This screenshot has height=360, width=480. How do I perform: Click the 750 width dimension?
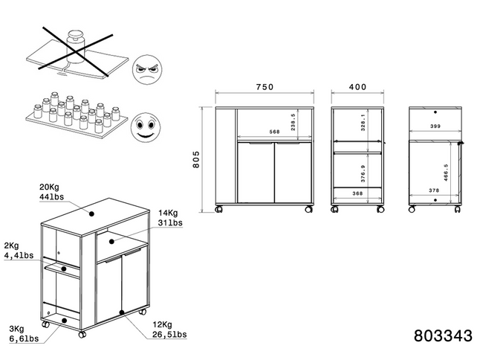click(265, 87)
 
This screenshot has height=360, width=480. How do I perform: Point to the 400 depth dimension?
click(358, 87)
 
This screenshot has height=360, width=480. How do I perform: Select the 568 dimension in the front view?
click(253, 133)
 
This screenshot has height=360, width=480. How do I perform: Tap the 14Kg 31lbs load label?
click(170, 217)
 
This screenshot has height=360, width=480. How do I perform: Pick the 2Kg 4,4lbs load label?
click(17, 251)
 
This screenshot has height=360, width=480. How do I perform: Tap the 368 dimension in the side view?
click(357, 194)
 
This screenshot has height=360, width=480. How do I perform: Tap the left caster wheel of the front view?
click(218, 210)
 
